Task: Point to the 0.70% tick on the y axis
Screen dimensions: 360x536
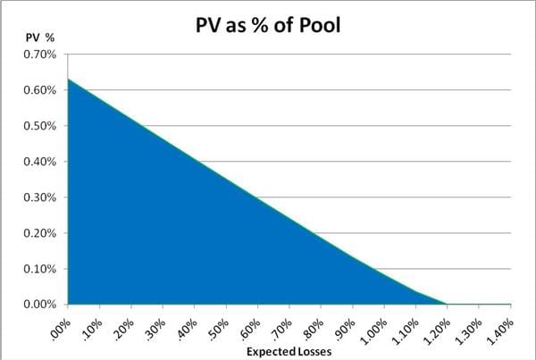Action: (x=38, y=54)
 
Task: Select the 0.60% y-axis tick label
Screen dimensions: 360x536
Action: (x=38, y=90)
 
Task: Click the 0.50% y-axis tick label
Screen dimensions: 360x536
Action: (x=38, y=126)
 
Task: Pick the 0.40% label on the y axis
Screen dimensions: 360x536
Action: (x=38, y=162)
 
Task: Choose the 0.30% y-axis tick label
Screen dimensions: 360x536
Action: (x=38, y=197)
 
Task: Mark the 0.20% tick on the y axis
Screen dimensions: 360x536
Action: (x=38, y=233)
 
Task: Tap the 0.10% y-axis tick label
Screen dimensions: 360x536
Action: (x=38, y=269)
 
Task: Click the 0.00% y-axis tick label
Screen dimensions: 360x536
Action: (x=38, y=305)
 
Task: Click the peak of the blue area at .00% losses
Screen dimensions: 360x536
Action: (x=68, y=80)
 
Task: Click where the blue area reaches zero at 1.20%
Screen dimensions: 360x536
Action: (x=448, y=304)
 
